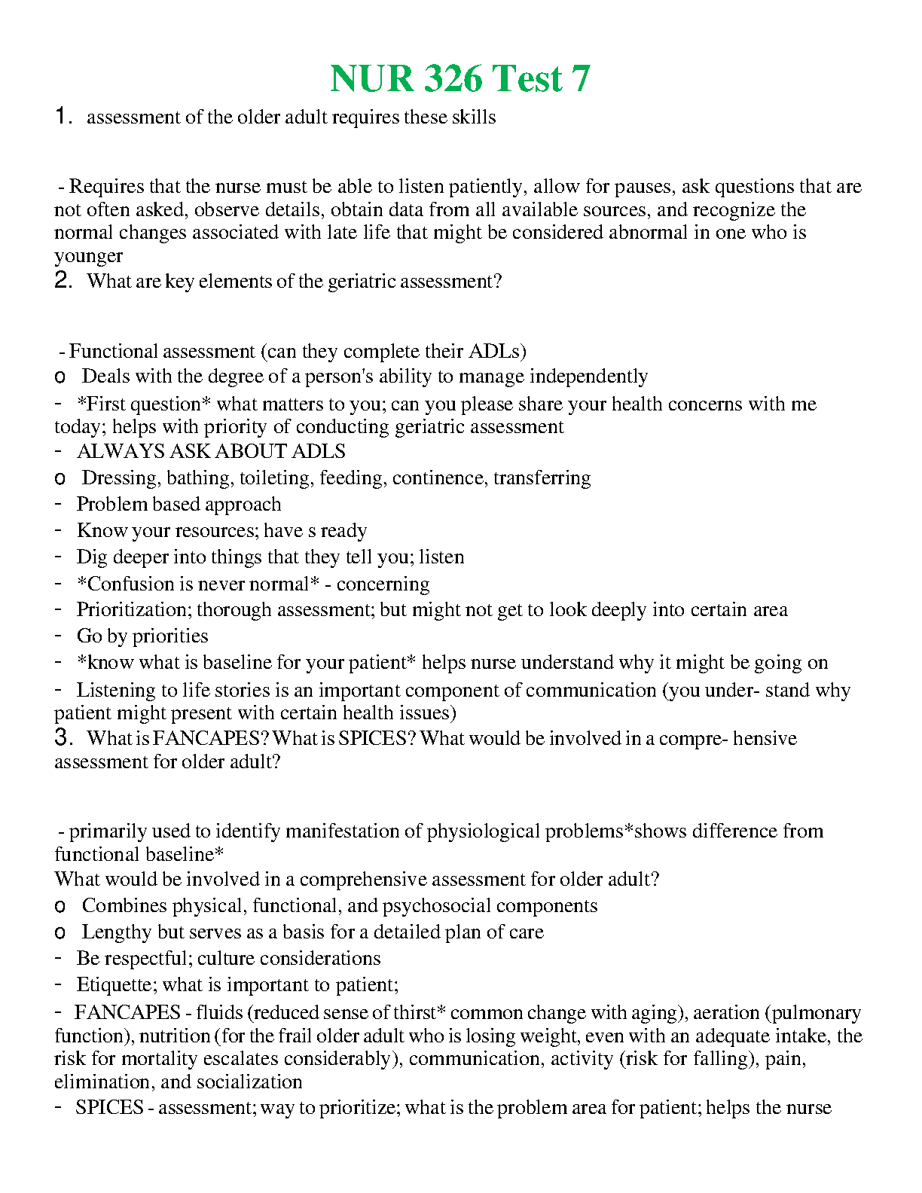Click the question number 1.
[x=63, y=117]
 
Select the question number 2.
[x=63, y=281]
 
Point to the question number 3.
[x=63, y=738]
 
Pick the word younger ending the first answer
[x=88, y=256]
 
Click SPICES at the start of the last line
[x=109, y=1108]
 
